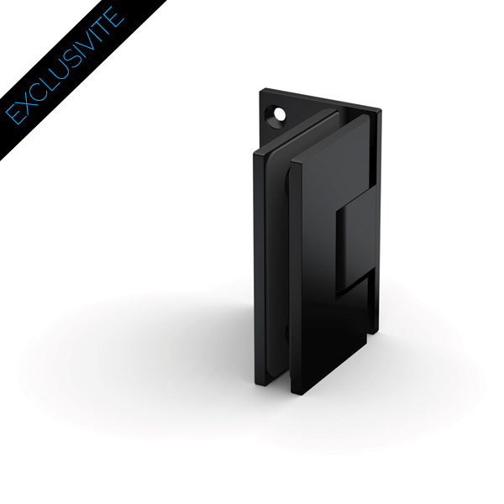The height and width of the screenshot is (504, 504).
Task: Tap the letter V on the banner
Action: pos(82,42)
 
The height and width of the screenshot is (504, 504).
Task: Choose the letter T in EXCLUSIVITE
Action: pos(101,24)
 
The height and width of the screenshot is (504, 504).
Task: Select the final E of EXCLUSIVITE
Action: pos(112,13)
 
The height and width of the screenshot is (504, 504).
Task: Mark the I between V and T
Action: pos(92,32)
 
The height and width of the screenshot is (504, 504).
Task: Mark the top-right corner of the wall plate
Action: pos(379,110)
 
